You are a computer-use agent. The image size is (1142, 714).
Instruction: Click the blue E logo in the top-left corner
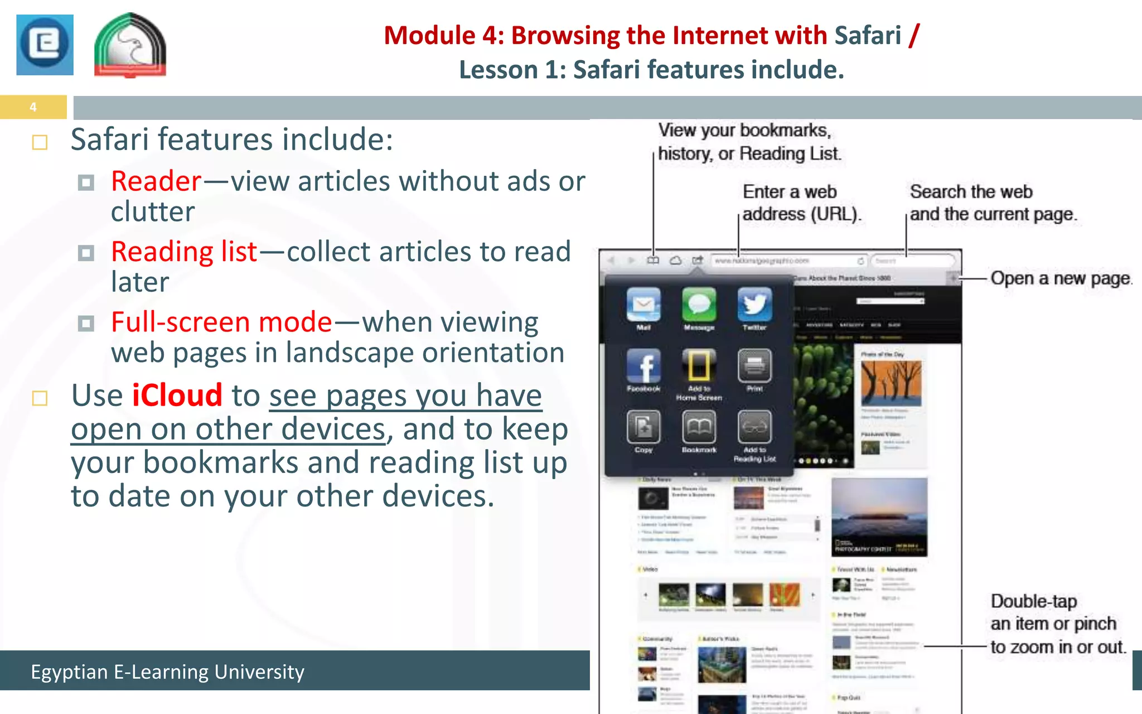[45, 45]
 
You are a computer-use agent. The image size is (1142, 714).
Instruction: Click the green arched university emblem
[130, 46]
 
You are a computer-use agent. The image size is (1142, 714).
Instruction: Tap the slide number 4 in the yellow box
[33, 107]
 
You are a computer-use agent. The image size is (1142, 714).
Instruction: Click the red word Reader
[156, 181]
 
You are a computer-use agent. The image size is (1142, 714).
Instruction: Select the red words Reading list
[184, 252]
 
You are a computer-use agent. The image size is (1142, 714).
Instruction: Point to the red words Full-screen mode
[221, 322]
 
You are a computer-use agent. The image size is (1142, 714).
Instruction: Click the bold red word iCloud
[177, 395]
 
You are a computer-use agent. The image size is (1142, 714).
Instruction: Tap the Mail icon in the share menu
[643, 305]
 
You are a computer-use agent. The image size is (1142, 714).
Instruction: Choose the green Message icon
[699, 305]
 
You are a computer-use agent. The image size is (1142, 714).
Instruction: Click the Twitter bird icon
[754, 305]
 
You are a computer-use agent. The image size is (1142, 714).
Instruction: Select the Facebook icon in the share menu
[643, 366]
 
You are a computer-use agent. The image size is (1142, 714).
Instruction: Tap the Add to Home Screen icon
[699, 366]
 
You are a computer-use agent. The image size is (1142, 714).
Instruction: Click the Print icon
[754, 366]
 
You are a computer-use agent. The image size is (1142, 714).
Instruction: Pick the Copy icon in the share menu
[643, 427]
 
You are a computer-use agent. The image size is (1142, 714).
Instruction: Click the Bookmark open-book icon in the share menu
[699, 427]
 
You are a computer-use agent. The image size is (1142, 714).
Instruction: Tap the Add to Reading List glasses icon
[754, 427]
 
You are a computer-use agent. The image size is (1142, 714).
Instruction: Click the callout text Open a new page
[1061, 278]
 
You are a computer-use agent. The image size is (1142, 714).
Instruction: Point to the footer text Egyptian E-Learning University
[167, 672]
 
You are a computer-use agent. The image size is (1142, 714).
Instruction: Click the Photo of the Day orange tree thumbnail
[891, 383]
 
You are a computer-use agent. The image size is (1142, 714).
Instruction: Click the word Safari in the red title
[867, 36]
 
